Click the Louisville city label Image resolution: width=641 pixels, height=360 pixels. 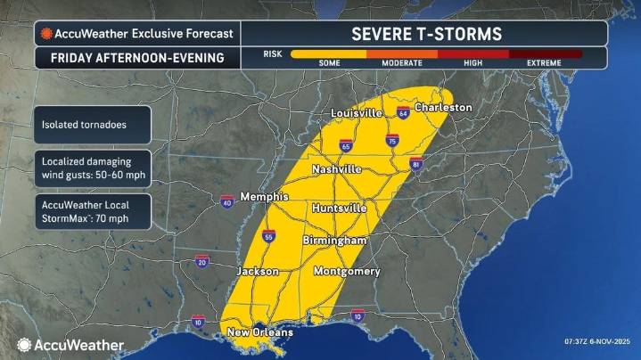356,114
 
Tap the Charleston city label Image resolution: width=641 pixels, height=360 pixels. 443,107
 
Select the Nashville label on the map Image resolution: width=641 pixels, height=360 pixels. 336,168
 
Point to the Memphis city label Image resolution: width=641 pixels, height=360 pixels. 265,196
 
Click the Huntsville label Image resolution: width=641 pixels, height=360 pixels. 340,208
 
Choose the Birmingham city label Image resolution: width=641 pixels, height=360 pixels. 334,241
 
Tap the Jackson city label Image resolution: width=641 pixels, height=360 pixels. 258,270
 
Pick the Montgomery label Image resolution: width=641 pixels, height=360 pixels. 347,271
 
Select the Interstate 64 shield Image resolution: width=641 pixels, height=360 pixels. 403,113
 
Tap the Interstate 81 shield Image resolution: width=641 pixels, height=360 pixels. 416,164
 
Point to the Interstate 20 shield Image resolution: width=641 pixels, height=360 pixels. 202,262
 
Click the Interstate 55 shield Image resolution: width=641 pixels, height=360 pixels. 268,236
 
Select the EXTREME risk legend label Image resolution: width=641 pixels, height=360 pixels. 545,63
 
